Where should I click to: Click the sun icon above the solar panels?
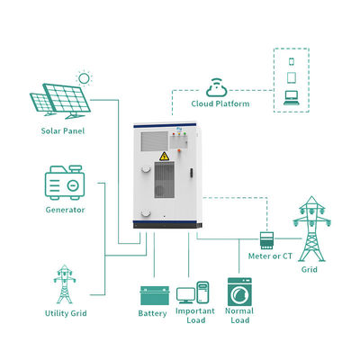click(84, 78)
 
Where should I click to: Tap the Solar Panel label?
click(63, 131)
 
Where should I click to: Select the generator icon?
click(65, 183)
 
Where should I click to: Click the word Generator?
click(65, 210)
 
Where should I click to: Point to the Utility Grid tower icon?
click(65, 284)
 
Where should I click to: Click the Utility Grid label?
click(66, 313)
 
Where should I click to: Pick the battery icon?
click(155, 295)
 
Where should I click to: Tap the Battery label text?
click(152, 313)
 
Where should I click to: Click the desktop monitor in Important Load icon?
click(185, 295)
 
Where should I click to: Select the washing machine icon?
click(239, 292)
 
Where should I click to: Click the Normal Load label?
click(239, 316)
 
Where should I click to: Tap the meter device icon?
click(266, 240)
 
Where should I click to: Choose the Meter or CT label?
click(270, 256)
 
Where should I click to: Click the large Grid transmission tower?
click(312, 229)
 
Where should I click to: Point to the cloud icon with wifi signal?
click(217, 87)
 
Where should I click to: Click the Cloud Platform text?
click(220, 103)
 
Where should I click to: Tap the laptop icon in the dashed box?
click(292, 98)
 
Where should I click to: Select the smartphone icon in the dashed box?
click(292, 61)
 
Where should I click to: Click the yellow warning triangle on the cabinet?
click(164, 157)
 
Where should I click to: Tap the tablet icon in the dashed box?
click(292, 77)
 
